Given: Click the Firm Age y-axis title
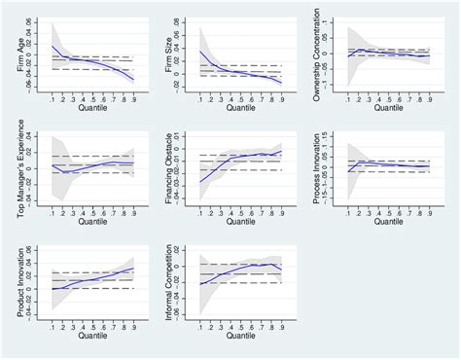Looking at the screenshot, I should click(10, 58).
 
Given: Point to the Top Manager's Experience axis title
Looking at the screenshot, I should click(10, 169).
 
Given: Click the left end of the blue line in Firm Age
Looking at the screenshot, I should click(53, 46).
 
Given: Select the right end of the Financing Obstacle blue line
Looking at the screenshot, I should click(282, 151).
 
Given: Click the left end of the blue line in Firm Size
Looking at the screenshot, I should click(200, 52).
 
